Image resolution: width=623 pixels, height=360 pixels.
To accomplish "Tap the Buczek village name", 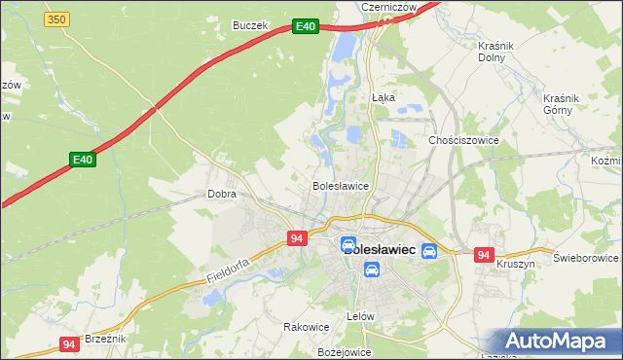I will pos(249,25).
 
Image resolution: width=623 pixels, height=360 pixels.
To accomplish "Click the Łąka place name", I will pos(384,97).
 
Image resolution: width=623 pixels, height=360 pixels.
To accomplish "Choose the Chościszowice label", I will pos(463,140).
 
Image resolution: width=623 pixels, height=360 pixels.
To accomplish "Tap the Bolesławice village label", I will pos(339,185).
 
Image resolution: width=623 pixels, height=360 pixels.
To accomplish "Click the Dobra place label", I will pos(222,194).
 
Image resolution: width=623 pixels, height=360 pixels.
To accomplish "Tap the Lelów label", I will pos(360,317).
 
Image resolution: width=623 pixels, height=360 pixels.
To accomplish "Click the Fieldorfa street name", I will pos(229,270).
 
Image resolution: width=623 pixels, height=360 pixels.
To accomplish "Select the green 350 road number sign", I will pos(56,19).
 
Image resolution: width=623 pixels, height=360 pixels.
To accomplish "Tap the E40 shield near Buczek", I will pos(306,27).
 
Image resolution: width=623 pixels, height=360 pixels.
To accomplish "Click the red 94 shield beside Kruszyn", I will pos(484,255).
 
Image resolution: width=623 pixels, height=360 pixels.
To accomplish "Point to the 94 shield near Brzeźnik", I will pos(69,344).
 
